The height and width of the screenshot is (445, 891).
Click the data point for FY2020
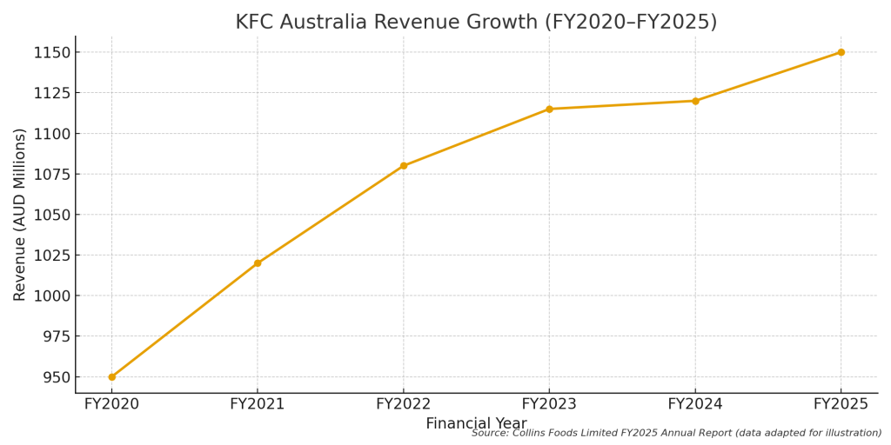[111, 376]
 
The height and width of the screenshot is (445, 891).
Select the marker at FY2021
[258, 263]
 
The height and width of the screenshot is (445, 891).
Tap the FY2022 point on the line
[404, 165]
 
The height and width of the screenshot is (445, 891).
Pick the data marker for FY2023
[549, 109]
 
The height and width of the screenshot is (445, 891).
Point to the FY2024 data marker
[695, 101]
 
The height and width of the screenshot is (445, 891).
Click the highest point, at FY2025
[841, 52]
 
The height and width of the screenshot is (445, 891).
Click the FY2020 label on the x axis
[111, 404]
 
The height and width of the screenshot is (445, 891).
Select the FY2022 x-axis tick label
[404, 404]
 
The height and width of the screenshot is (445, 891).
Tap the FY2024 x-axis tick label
[695, 404]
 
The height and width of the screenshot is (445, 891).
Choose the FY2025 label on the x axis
[841, 404]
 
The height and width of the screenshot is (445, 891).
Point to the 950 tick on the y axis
[53, 377]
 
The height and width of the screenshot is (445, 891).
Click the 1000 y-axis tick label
[48, 296]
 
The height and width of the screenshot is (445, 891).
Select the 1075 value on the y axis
[48, 174]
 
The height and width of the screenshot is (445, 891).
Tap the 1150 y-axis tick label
[48, 52]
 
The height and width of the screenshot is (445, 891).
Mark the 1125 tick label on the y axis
[48, 93]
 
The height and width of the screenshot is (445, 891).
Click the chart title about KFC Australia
[476, 23]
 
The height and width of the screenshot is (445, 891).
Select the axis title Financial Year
[476, 423]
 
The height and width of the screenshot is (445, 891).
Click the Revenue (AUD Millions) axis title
[20, 214]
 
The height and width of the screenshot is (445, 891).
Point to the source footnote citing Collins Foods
[676, 433]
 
